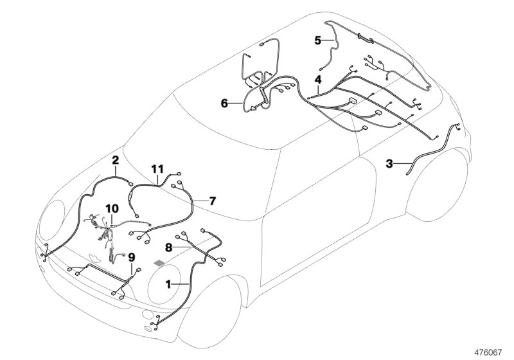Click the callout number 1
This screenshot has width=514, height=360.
(168, 285)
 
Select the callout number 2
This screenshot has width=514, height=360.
(116, 160)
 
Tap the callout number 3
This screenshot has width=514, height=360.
(389, 163)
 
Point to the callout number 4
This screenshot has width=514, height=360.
(318, 80)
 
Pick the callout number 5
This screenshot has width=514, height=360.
(317, 40)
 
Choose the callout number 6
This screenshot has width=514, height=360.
(224, 104)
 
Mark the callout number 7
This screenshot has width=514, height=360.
(213, 201)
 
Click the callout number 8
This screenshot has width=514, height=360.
(168, 248)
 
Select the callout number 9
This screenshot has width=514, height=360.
(132, 257)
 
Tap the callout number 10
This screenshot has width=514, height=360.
(112, 208)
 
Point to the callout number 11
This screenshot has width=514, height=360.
(157, 169)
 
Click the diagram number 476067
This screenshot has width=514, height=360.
(488, 352)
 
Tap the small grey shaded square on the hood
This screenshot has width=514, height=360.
(159, 263)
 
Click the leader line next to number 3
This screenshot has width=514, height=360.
(403, 163)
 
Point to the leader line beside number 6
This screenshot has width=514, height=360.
(235, 104)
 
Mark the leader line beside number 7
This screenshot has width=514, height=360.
(200, 201)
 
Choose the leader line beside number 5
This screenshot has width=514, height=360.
(328, 40)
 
